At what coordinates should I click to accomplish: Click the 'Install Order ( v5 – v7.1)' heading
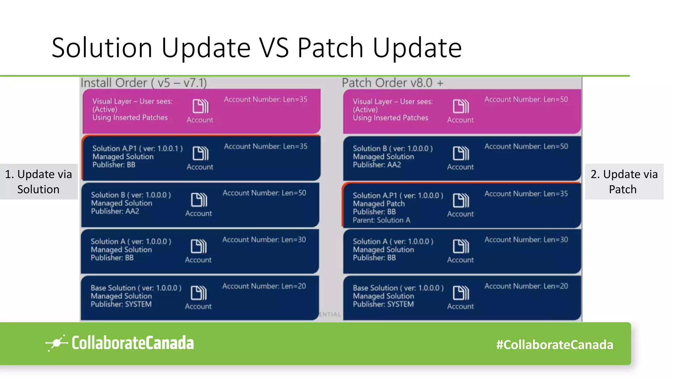click(144, 83)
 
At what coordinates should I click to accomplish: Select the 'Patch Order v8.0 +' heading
click(392, 83)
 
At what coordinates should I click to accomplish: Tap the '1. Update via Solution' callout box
click(38, 182)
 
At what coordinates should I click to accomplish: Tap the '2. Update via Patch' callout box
click(624, 182)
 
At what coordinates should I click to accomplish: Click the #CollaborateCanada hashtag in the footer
click(554, 344)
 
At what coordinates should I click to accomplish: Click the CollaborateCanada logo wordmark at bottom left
click(132, 343)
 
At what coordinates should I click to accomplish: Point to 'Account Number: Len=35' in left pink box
click(266, 99)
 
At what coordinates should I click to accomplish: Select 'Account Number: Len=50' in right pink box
click(526, 99)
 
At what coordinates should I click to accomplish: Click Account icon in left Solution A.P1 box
click(200, 153)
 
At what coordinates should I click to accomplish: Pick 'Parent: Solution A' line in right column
click(381, 220)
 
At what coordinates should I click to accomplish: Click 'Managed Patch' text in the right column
click(379, 204)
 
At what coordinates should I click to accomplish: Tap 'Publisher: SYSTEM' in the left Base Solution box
click(121, 304)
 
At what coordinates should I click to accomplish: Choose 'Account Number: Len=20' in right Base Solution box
click(526, 286)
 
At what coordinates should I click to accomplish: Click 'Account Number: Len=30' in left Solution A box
click(264, 240)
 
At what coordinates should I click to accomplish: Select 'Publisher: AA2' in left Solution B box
click(115, 211)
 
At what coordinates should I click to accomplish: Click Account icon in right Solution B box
click(461, 153)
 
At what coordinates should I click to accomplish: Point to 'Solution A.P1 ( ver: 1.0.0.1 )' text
click(137, 148)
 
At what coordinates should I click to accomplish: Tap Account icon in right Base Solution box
click(461, 293)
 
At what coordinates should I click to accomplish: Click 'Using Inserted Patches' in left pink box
click(130, 117)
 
